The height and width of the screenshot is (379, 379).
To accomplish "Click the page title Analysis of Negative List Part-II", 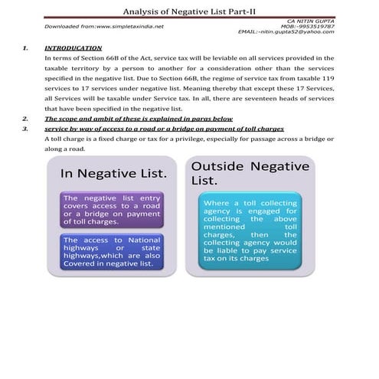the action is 189,9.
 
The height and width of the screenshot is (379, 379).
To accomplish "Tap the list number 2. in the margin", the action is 26,119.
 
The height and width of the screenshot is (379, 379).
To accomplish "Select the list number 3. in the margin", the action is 26,129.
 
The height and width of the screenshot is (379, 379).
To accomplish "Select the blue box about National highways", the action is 112,252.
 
